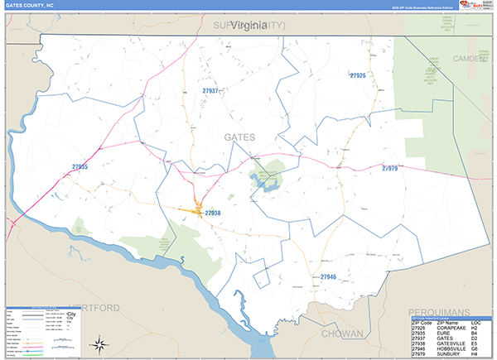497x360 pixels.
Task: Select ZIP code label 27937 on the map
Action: (x=210, y=90)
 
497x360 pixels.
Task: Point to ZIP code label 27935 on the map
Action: (x=80, y=166)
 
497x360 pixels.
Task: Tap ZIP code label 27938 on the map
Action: (x=213, y=213)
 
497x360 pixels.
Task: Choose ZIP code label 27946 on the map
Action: (x=328, y=276)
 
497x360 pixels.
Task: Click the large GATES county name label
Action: (x=239, y=137)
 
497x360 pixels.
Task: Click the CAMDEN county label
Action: (x=473, y=59)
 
